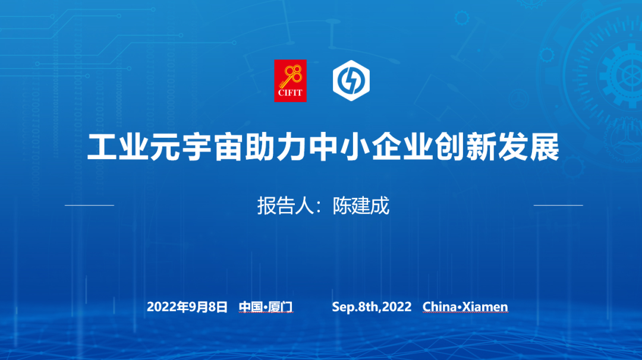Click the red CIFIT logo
tap(290, 81)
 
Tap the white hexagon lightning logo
tap(351, 81)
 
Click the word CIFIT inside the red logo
tap(290, 93)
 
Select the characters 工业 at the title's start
tap(118, 147)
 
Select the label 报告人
tap(285, 206)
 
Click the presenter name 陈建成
tap(361, 206)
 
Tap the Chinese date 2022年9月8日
tap(187, 307)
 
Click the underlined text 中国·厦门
tap(266, 307)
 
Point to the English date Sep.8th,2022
tap(372, 307)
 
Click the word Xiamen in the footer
tap(485, 307)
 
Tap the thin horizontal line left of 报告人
tap(89, 205)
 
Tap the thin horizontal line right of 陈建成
tap(558, 205)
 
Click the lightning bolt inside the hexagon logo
tap(351, 81)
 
